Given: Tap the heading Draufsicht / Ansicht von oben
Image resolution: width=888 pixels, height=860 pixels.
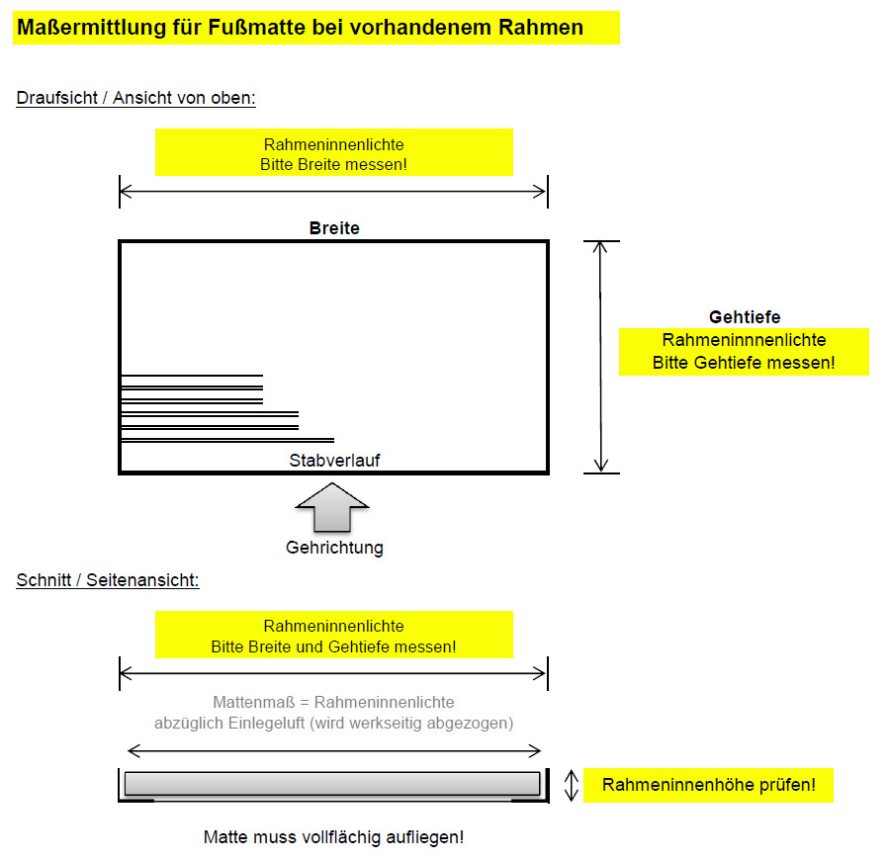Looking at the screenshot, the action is coord(135,98).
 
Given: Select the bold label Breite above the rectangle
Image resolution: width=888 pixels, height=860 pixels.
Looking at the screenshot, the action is coord(334,228).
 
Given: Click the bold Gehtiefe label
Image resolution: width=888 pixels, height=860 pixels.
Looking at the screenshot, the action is coord(745,317).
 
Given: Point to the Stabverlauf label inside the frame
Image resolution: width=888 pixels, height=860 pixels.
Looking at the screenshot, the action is coord(334,461).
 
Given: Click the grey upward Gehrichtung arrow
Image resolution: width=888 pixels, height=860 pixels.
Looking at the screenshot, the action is coord(332,507).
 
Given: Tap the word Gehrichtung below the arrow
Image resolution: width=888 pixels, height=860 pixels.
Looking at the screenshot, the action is coord(334,548).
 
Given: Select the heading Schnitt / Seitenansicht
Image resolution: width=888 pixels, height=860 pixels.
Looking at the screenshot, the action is coord(108,580).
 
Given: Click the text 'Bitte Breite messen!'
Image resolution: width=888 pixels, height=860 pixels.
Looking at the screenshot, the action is coord(333,165).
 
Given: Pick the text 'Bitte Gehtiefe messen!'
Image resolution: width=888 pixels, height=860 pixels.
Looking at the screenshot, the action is coord(744,363).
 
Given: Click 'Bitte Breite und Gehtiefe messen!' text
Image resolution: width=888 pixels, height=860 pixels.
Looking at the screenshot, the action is coord(333,646).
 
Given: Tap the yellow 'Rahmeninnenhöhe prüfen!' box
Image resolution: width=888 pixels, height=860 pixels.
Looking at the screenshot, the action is coord(708,785).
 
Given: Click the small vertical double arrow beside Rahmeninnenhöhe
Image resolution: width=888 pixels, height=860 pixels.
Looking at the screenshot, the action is coord(571,785).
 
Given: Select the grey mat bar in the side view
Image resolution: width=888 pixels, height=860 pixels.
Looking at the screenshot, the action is coord(332,784).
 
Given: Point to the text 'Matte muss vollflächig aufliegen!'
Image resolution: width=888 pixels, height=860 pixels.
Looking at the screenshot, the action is coord(333,837).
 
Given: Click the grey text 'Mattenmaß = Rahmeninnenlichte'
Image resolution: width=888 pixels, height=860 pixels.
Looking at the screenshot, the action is coord(333,702).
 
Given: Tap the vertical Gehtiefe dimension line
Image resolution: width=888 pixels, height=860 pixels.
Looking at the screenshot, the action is coord(600,357).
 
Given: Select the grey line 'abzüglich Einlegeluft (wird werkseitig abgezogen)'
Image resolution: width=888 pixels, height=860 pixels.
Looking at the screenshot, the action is coord(333,723).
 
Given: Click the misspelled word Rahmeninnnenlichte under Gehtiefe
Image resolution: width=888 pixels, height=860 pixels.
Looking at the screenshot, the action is coord(744,340).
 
